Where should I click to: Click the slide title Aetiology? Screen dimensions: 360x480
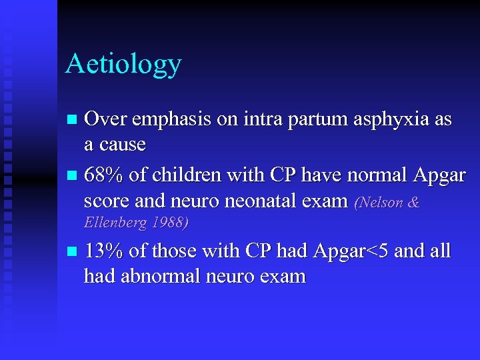(123, 65)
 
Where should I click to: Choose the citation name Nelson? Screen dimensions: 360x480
(383, 202)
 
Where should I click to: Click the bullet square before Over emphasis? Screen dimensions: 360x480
(73, 121)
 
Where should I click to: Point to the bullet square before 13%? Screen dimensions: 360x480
(73, 253)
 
